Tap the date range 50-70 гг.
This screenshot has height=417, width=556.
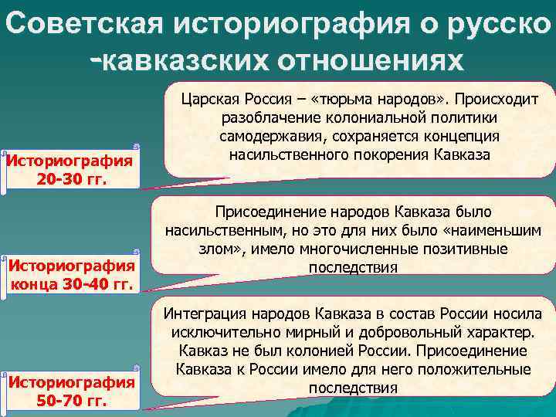(x=71, y=400)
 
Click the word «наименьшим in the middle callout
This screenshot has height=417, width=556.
(x=499, y=230)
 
